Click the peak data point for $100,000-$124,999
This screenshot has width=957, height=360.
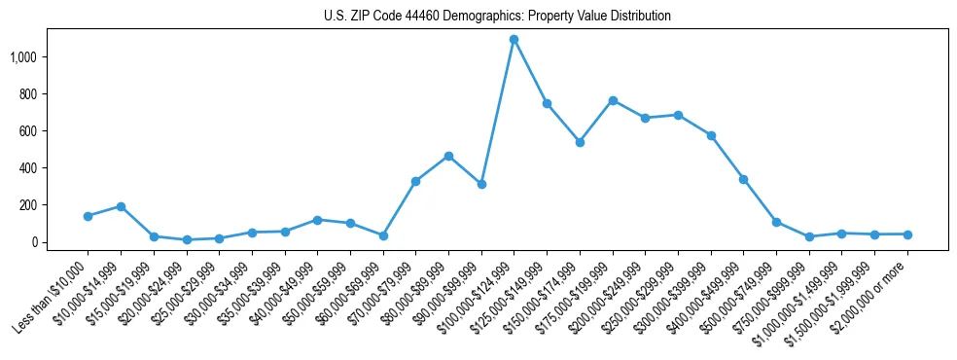[x=514, y=40]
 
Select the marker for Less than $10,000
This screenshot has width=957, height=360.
[x=88, y=216]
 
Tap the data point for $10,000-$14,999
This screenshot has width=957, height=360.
[x=121, y=206]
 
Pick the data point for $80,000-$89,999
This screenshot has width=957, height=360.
[x=448, y=156]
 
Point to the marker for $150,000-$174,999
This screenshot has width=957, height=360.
[x=580, y=142]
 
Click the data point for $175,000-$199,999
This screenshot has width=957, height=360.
[x=613, y=100]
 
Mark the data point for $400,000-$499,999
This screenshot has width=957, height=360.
[x=743, y=179]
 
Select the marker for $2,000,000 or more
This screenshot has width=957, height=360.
[x=907, y=234]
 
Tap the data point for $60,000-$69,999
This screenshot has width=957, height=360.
[x=383, y=235]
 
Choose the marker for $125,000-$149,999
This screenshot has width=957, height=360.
[x=547, y=103]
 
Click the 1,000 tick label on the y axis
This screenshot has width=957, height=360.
[x=22, y=57]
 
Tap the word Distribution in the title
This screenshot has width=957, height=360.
[x=638, y=17]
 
